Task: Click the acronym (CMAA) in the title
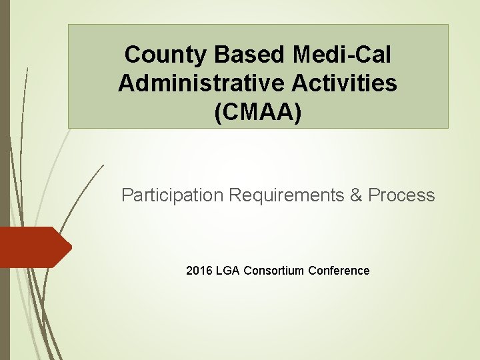click(258, 112)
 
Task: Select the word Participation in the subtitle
click(173, 195)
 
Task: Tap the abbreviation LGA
click(228, 271)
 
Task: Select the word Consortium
click(274, 271)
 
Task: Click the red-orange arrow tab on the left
click(33, 247)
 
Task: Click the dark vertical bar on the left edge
click(3, 180)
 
